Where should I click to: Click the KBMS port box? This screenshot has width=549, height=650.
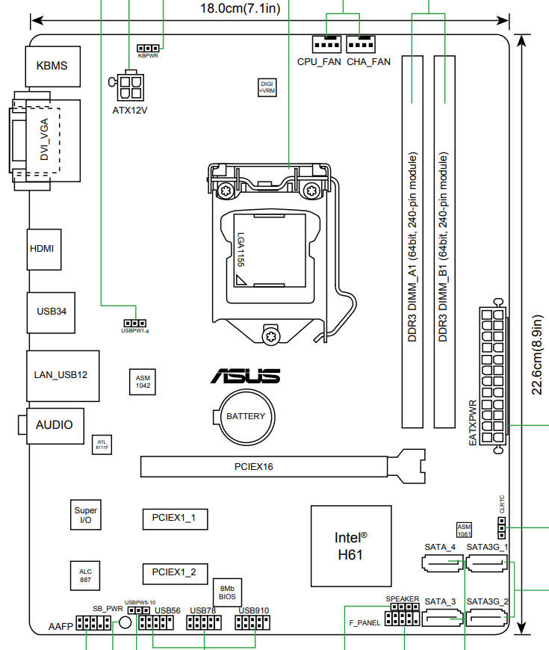tap(52, 66)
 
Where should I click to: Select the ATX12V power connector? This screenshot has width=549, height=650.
tap(130, 86)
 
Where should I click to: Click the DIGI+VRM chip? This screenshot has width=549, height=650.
tap(267, 87)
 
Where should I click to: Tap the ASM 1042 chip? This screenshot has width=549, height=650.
tap(143, 382)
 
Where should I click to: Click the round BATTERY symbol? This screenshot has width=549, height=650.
tap(246, 415)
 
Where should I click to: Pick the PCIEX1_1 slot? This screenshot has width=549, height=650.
tap(174, 518)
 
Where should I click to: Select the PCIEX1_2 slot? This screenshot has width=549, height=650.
tap(174, 573)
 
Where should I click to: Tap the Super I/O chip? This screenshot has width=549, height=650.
tap(85, 516)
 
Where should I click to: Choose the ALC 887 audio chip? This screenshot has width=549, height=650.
tap(85, 575)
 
